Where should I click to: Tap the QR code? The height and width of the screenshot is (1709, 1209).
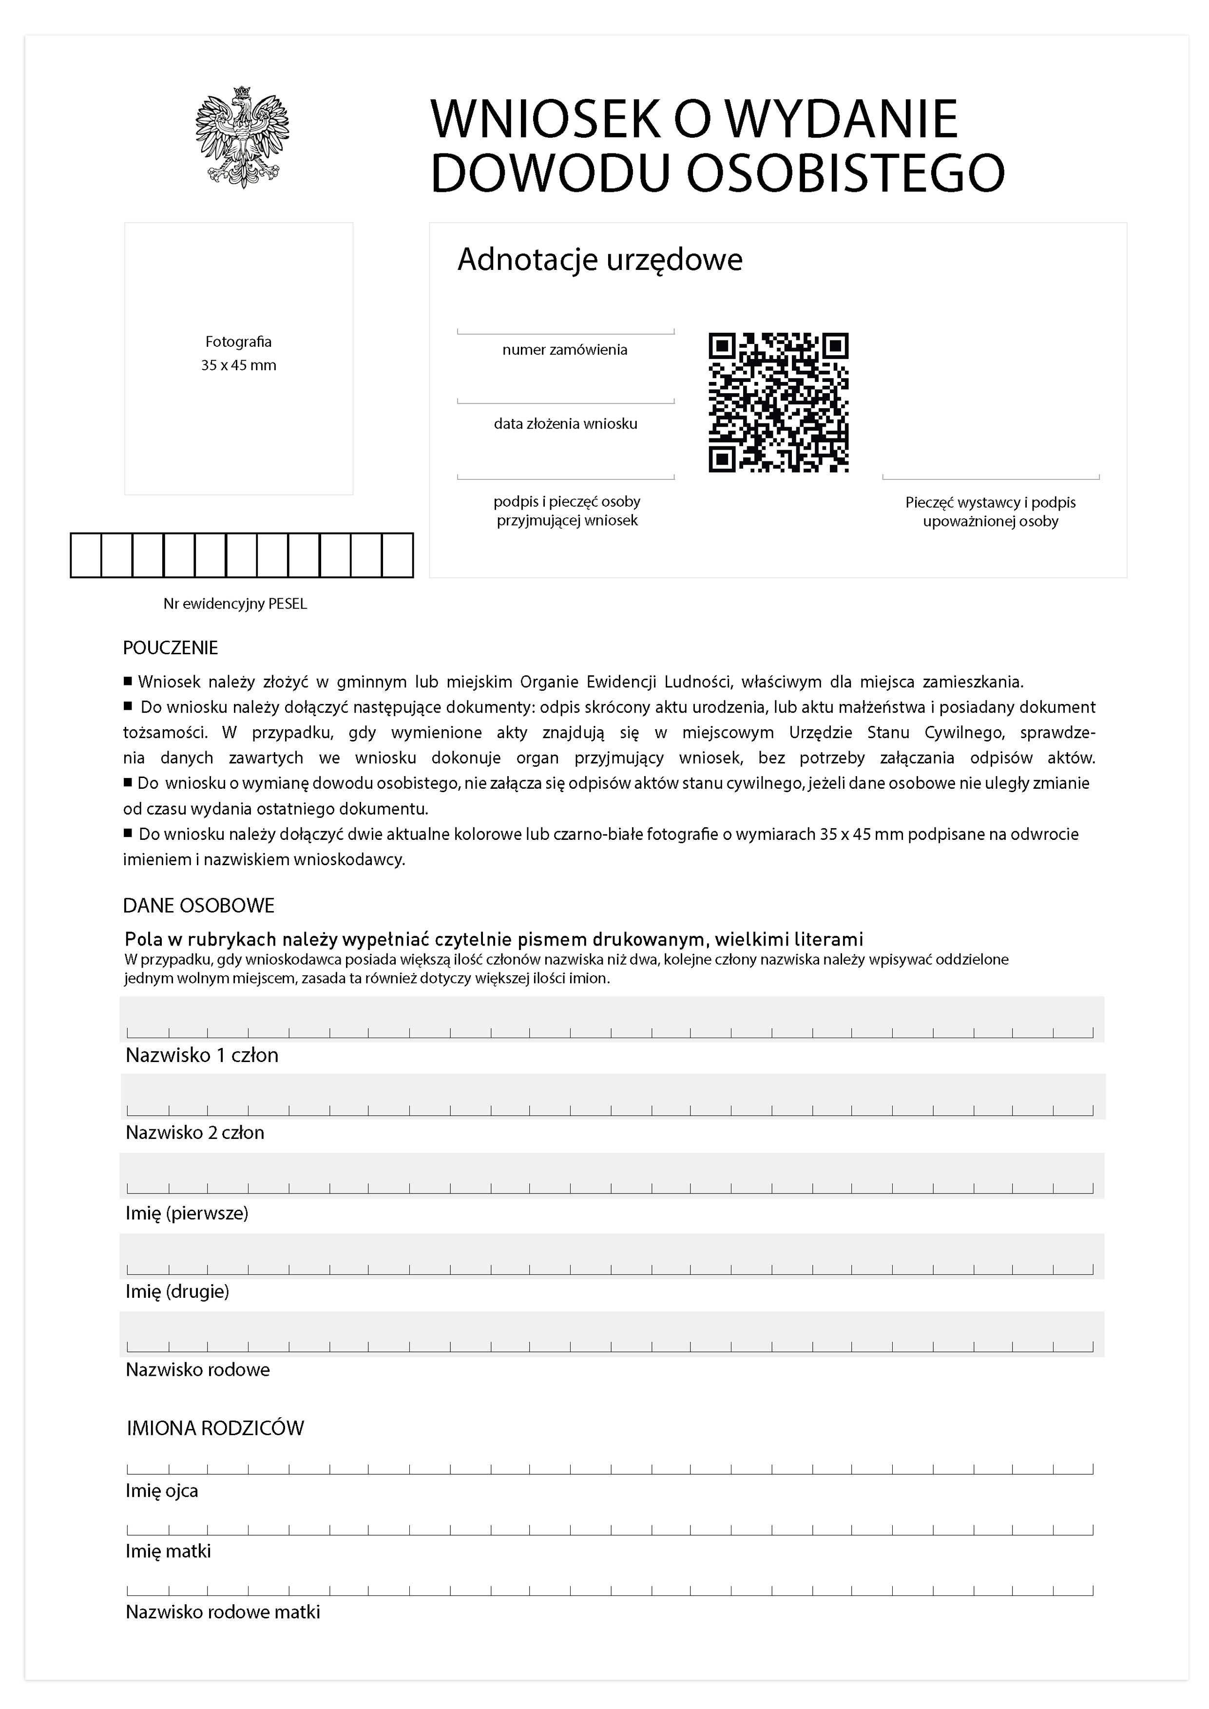pos(778,402)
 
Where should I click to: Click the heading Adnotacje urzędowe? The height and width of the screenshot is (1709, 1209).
pos(599,260)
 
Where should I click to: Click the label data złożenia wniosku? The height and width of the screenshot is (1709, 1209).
pos(565,423)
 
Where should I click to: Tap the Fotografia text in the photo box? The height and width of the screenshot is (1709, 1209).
pos(238,342)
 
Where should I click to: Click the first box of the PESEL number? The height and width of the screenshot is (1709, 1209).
pos(86,555)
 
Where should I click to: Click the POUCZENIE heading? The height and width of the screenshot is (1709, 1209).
pos(171,647)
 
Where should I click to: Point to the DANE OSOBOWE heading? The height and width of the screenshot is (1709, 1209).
pos(199,905)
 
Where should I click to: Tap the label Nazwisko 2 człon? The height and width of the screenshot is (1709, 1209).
pos(195,1132)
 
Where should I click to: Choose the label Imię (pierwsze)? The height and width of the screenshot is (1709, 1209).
pos(187,1213)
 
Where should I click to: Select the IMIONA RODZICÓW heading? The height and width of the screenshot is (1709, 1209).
pos(215,1427)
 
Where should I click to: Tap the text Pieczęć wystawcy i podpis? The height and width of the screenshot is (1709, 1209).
pos(990,502)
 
